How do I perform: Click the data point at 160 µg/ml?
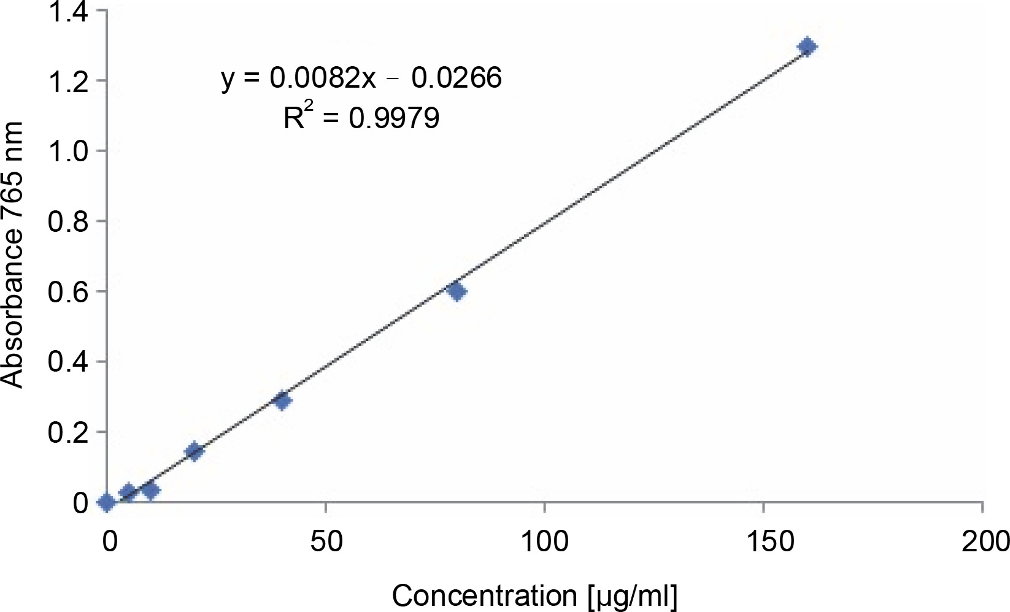[808, 47]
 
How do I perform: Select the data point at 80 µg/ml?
[457, 291]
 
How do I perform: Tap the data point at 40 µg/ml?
[282, 401]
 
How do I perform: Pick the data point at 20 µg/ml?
[194, 451]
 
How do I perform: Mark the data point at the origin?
[106, 503]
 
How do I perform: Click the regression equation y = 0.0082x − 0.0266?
[361, 78]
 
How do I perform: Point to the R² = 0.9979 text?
[361, 117]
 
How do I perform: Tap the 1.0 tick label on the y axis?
[68, 151]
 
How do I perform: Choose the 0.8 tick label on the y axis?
[68, 221]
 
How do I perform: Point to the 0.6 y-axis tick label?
[68, 292]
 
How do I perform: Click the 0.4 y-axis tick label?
[68, 362]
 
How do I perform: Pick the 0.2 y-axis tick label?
[68, 432]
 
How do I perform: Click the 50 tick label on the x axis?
[326, 541]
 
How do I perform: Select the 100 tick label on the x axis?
[545, 541]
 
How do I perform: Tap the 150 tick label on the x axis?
[764, 541]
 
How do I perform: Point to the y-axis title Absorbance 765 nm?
[12, 254]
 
